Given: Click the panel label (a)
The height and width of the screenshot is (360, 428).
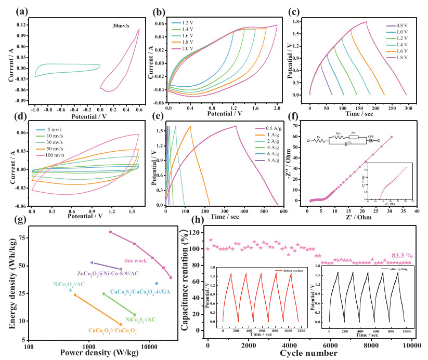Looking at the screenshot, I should coord(10,9).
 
